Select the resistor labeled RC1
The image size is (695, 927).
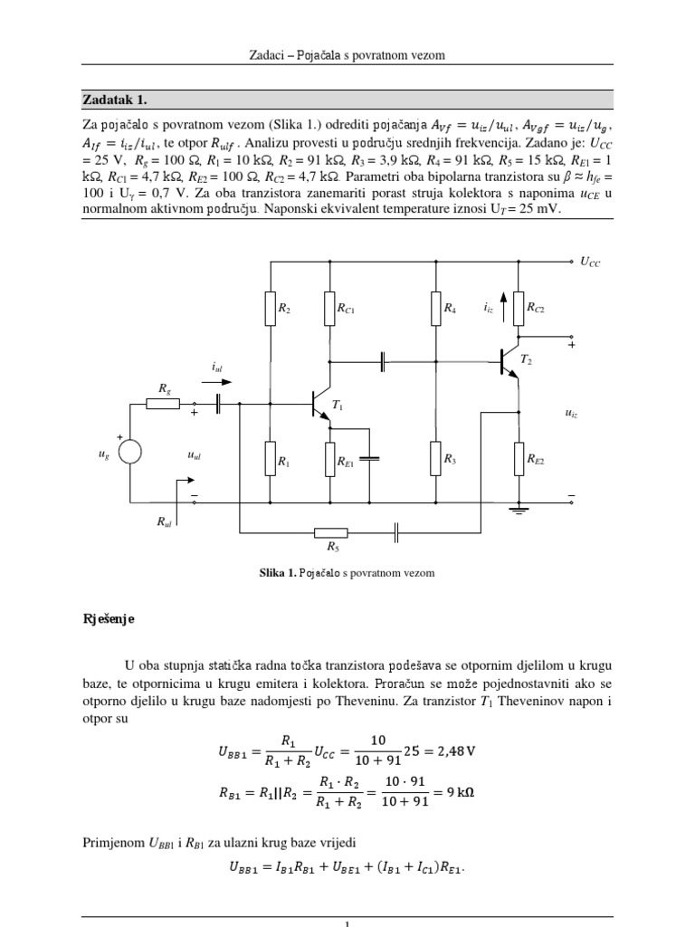click(x=330, y=308)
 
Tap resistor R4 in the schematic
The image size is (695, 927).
click(x=435, y=308)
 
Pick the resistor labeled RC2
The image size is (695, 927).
click(x=518, y=308)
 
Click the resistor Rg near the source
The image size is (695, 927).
click(x=163, y=404)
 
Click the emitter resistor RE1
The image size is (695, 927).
click(x=330, y=459)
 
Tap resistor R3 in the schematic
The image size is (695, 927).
click(x=435, y=459)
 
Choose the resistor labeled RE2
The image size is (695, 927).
click(x=518, y=459)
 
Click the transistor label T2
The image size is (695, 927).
click(x=526, y=360)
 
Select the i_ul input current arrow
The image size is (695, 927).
click(x=218, y=381)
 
